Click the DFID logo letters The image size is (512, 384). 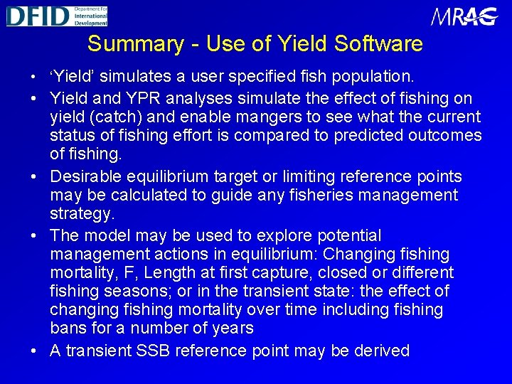click(x=38, y=16)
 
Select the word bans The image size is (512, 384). click(x=66, y=328)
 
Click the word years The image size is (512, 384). click(x=233, y=328)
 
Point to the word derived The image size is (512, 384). click(x=380, y=351)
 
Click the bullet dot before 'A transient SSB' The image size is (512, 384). click(x=35, y=351)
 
